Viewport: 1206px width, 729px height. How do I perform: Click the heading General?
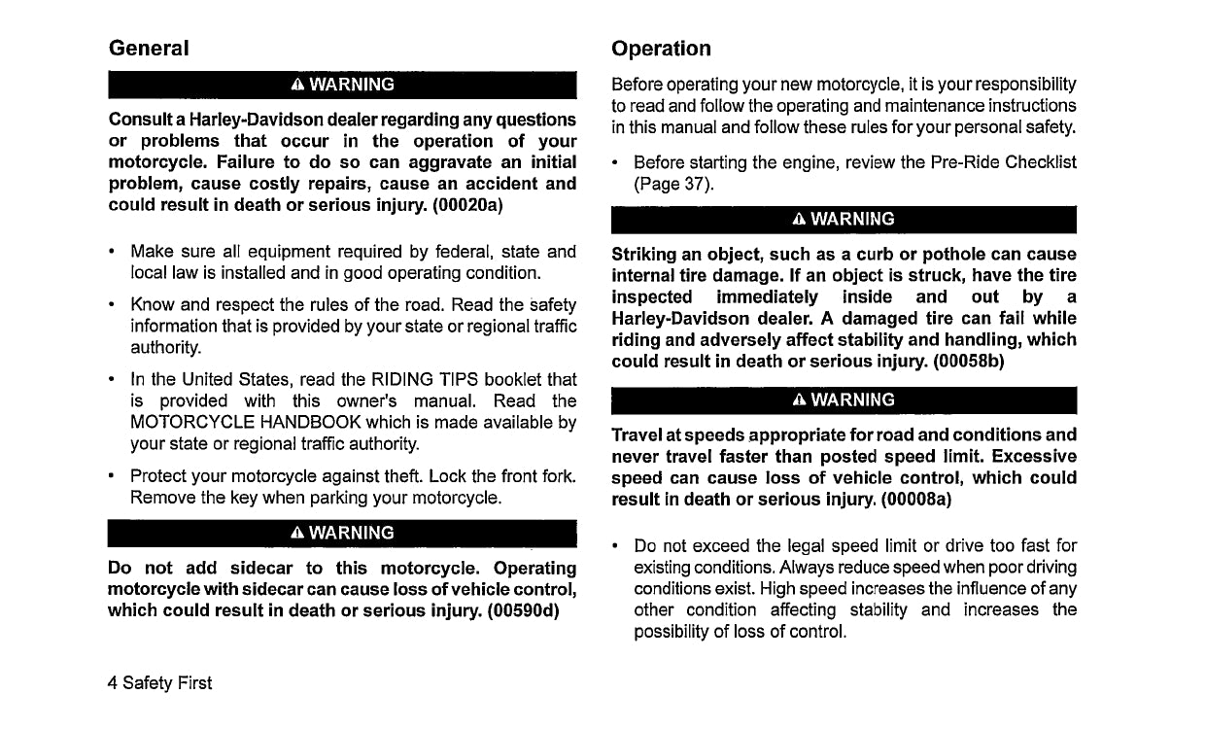149,48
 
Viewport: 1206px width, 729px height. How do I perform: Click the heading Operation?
661,49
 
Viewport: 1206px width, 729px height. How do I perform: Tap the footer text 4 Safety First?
159,683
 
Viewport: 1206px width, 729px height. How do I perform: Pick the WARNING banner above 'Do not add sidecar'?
342,533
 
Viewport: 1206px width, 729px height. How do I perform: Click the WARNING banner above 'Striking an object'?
844,220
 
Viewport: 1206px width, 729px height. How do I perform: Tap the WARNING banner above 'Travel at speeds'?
844,399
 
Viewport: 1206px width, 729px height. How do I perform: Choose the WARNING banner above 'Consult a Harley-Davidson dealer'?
342,85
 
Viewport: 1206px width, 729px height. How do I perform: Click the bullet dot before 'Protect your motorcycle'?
115,477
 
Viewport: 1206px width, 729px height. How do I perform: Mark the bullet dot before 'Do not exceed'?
618,546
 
